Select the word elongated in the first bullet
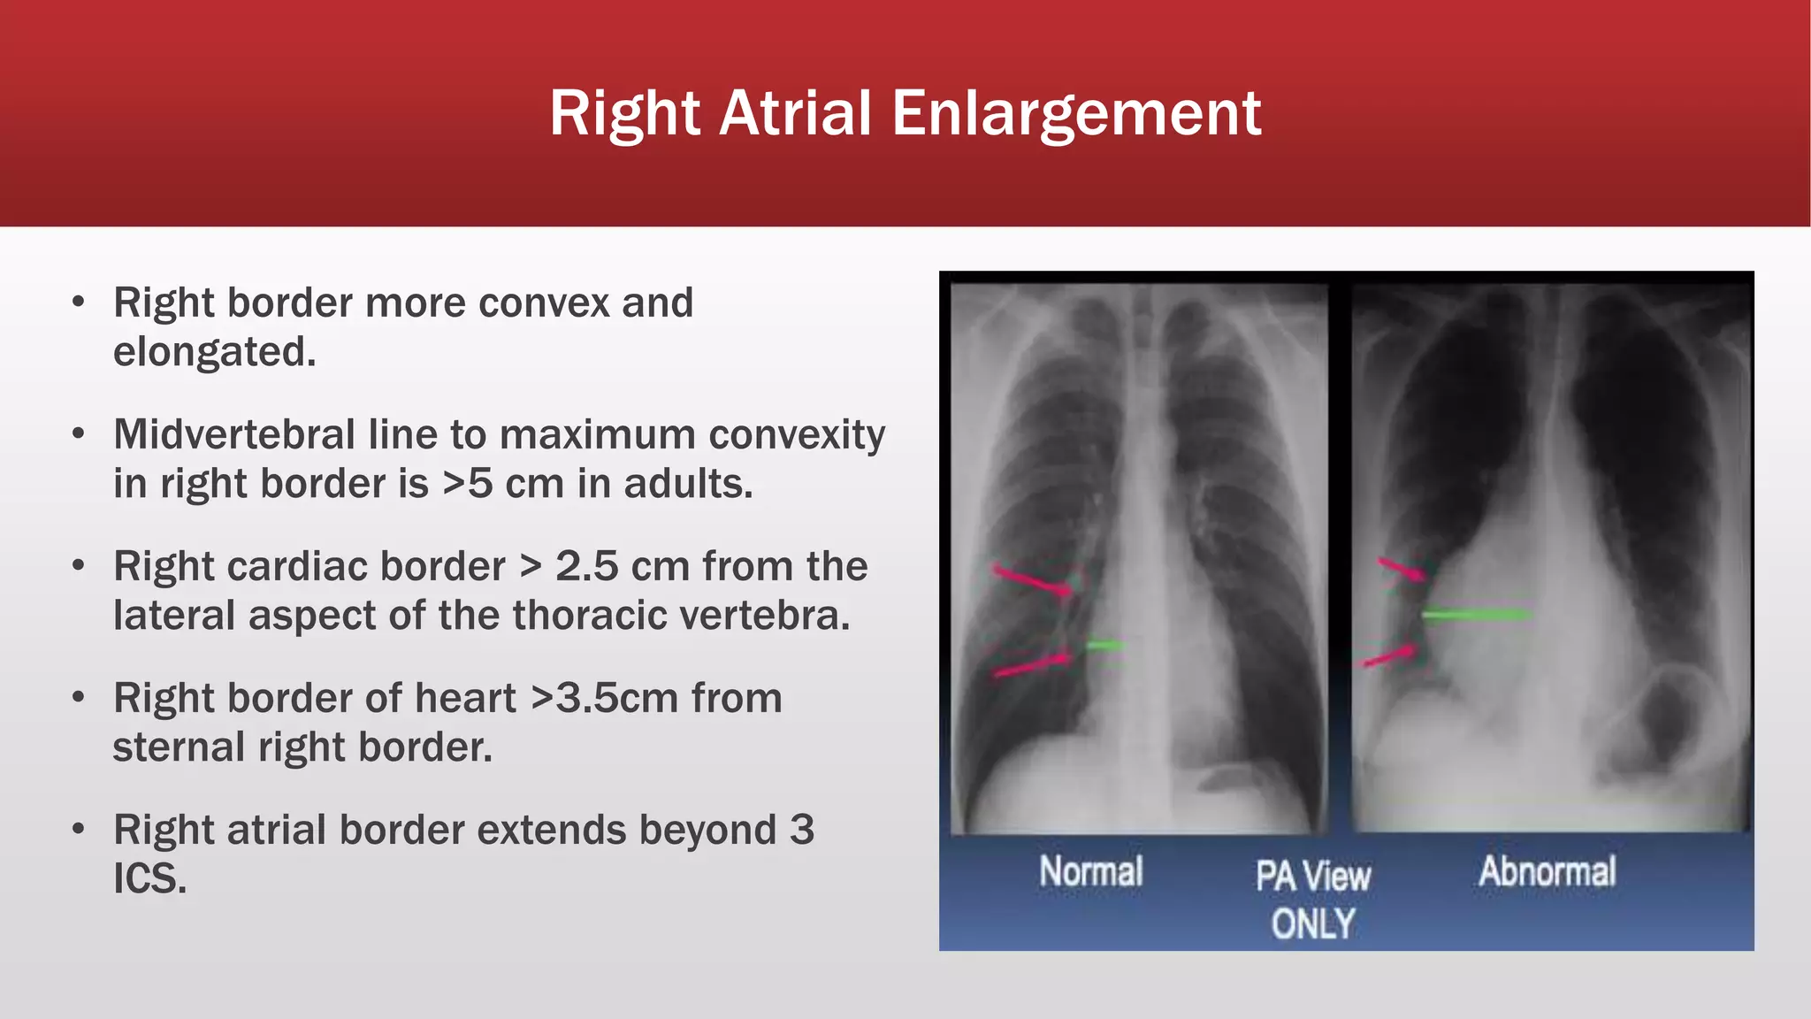(213, 352)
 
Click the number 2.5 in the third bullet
(586, 567)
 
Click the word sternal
(179, 747)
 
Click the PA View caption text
(1313, 877)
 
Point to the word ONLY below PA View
(1313, 924)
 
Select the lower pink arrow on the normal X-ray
(1033, 664)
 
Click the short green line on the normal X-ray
(1104, 647)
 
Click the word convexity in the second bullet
(797, 435)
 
